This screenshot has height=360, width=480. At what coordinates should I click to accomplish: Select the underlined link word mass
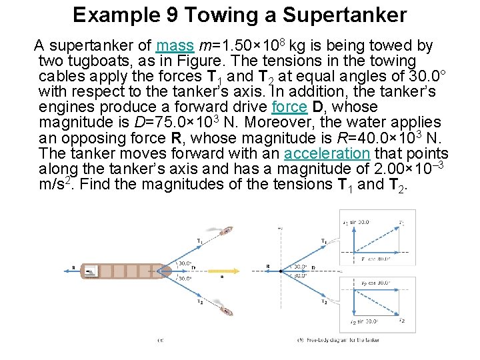click(x=175, y=46)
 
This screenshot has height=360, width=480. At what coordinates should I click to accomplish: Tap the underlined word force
click(x=290, y=107)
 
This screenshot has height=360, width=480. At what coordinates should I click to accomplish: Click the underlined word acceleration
click(x=326, y=153)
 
